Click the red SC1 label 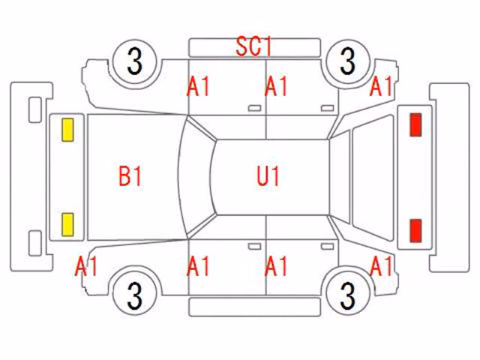coord(253,46)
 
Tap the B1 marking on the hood coord(130,176)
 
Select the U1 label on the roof coord(268,176)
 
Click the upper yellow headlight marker coord(67,130)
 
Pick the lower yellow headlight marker coord(67,225)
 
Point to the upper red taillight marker coord(415,124)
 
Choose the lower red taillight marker coord(415,230)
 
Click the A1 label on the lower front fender coord(86,267)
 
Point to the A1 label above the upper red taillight coord(381,86)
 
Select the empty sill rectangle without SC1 coord(254,307)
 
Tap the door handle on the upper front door coord(254,108)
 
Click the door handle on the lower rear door coord(327,247)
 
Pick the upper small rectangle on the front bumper coord(35,110)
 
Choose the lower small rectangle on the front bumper coord(35,243)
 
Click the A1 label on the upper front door coord(198,86)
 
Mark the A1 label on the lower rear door coord(276,267)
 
